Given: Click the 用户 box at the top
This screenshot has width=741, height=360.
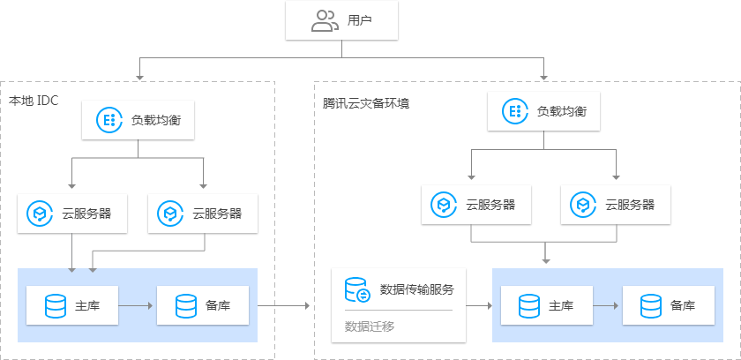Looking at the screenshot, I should pos(342,21).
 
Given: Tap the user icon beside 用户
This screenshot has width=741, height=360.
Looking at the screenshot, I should pos(325,21).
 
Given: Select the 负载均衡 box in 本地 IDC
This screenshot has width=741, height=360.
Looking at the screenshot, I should pos(137,120).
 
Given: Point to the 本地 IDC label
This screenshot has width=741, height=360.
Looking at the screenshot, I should pos(34,101).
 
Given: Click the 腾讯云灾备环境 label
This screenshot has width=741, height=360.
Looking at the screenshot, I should pos(366,103).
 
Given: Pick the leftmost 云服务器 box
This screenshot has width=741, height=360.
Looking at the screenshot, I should pos(71,213).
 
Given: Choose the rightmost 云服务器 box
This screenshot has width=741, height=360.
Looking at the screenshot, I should pos(615,206).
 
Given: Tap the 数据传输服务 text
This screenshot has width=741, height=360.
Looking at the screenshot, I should pos(416,289).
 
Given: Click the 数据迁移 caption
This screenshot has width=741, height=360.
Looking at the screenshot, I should pos(369,326).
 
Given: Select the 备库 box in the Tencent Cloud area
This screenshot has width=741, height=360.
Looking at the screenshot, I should pos(669,306).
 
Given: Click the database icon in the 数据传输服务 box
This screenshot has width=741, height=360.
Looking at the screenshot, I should pos(356,289).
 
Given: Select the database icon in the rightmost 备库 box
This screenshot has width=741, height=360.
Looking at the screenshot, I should pos(651,306).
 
